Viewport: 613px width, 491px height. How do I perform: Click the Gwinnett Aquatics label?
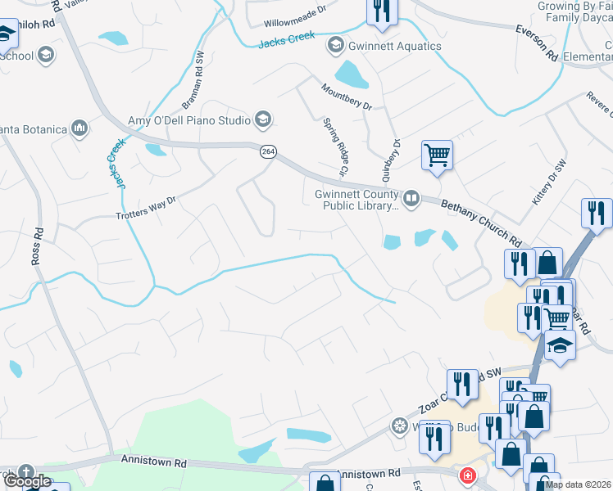pyautogui.click(x=394, y=46)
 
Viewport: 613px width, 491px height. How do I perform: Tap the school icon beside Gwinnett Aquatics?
pyautogui.click(x=334, y=45)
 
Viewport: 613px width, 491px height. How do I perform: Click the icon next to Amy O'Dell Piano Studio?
pyautogui.click(x=263, y=120)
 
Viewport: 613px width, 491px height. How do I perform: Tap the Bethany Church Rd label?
pyautogui.click(x=481, y=223)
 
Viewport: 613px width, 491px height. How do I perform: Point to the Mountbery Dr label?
pyautogui.click(x=347, y=97)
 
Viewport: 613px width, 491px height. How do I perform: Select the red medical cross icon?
pyautogui.click(x=467, y=475)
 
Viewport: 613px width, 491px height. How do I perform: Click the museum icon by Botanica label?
pyautogui.click(x=79, y=128)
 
